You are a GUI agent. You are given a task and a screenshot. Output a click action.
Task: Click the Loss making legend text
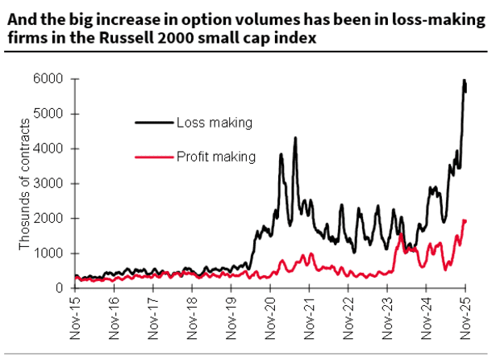point(215,123)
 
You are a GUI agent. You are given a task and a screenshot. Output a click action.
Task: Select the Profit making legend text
point(216,156)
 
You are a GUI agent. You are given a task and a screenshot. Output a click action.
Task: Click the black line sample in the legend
point(153,123)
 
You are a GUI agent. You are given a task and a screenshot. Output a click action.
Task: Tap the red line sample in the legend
point(153,156)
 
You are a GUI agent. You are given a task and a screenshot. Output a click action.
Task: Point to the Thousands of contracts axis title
point(25,184)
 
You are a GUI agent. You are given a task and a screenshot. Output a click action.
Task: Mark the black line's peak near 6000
point(464,81)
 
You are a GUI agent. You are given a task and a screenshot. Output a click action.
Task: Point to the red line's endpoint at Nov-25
point(465,220)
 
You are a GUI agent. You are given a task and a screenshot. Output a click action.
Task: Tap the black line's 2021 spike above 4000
point(295,138)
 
